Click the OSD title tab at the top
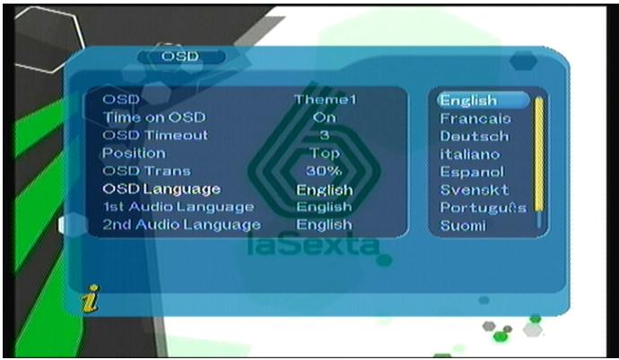tap(181, 57)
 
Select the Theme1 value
tap(326, 99)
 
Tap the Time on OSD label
tap(154, 118)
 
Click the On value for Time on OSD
tap(325, 118)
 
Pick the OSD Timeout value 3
tap(325, 136)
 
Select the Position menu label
tap(134, 153)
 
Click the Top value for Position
tap(325, 154)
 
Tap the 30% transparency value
tap(324, 171)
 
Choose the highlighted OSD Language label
tap(161, 189)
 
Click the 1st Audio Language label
tap(179, 207)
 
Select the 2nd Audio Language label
tap(181, 224)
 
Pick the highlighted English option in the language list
tap(483, 101)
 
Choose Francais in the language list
tap(475, 119)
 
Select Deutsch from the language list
tap(475, 136)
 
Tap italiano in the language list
tap(470, 154)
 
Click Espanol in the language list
tap(472, 171)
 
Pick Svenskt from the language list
tap(475, 190)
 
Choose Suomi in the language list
tap(463, 225)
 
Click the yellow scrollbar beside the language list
tap(539, 154)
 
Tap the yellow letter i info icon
tap(91, 299)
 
